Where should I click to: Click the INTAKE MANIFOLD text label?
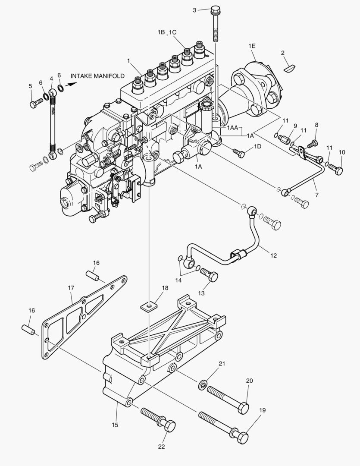[97, 76]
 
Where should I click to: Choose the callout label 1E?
[252, 46]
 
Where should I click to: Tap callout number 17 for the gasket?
[71, 287]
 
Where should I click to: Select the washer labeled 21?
[202, 384]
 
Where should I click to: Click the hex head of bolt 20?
[244, 408]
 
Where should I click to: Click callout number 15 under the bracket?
[115, 425]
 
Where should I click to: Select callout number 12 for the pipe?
[273, 255]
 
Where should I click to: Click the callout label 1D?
[257, 147]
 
